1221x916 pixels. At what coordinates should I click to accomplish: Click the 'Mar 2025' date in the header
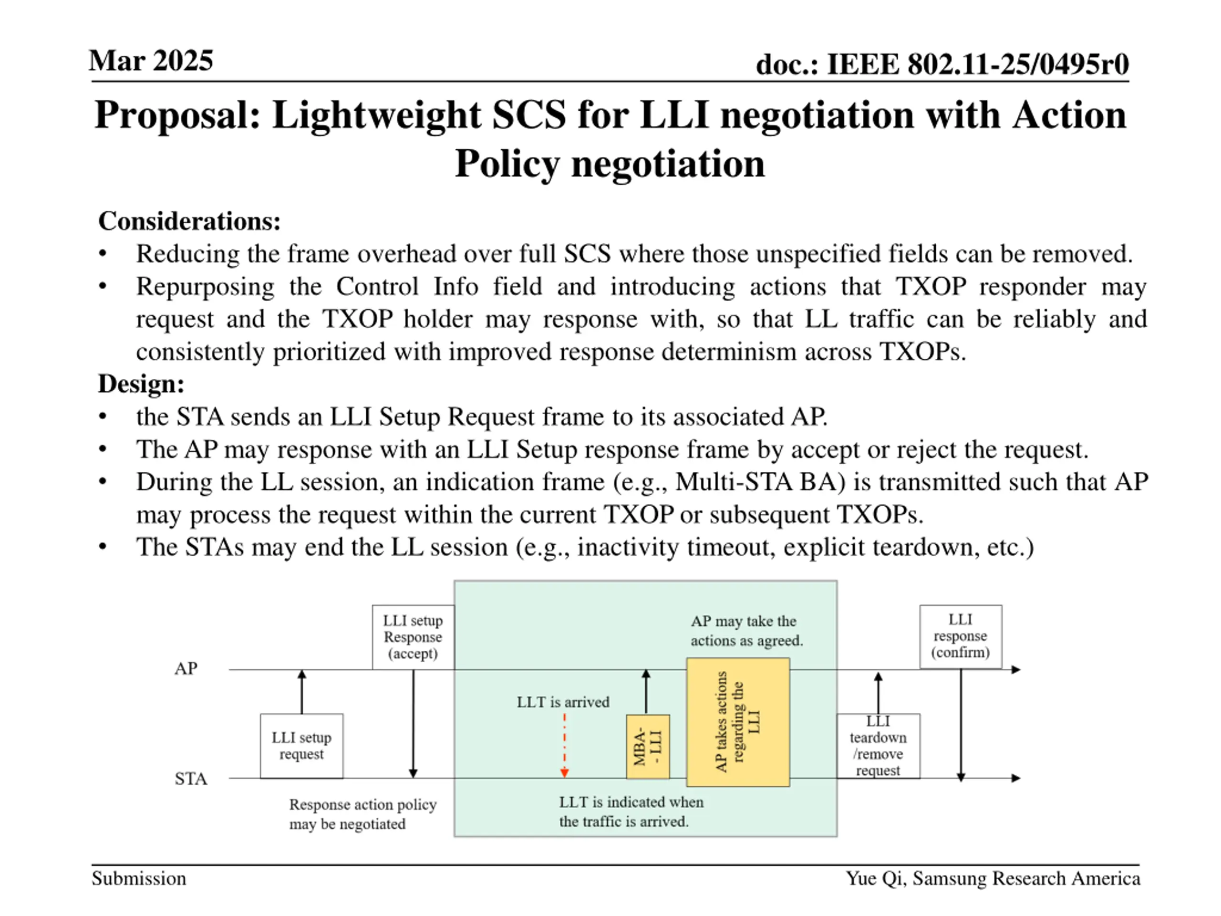pyautogui.click(x=151, y=60)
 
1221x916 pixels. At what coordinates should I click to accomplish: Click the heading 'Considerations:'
pyautogui.click(x=189, y=221)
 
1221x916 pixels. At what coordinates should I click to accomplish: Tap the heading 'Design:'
pyautogui.click(x=141, y=383)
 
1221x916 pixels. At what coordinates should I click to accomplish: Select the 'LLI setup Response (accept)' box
pyautogui.click(x=413, y=637)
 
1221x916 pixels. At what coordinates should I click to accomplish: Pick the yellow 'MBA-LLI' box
pyautogui.click(x=648, y=747)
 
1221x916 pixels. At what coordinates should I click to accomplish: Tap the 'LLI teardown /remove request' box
pyautogui.click(x=878, y=746)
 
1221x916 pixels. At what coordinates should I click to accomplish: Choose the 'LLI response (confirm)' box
pyautogui.click(x=961, y=636)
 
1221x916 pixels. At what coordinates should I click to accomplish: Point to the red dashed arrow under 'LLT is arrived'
pyautogui.click(x=564, y=745)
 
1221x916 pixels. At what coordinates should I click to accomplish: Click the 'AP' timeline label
pyautogui.click(x=186, y=669)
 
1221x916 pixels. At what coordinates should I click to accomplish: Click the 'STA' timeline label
pyautogui.click(x=190, y=779)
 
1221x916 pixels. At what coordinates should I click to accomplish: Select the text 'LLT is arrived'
pyautogui.click(x=563, y=702)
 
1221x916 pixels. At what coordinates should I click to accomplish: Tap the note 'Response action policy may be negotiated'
pyautogui.click(x=362, y=814)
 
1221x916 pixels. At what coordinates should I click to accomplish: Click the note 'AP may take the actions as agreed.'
pyautogui.click(x=746, y=631)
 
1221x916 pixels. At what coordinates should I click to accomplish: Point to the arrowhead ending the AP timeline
pyautogui.click(x=1015, y=670)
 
